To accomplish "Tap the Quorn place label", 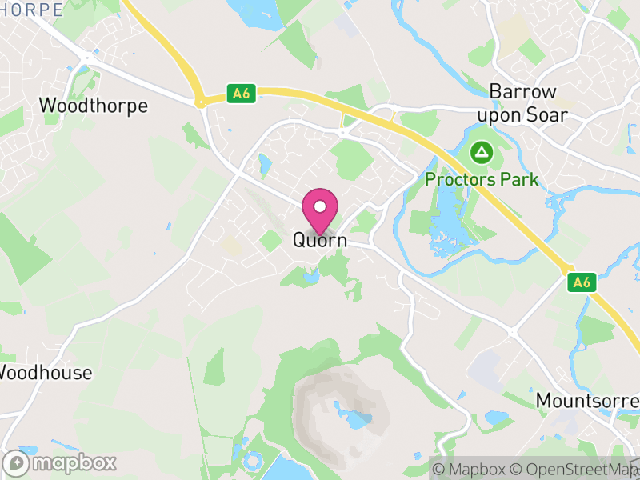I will click(x=320, y=240).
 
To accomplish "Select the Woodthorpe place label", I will click(x=94, y=106).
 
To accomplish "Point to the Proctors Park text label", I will click(x=482, y=179).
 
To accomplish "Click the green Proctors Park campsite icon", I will click(x=482, y=150).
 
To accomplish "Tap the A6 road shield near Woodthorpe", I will click(x=240, y=94).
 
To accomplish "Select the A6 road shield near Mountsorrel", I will click(x=582, y=282).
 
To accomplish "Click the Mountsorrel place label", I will click(x=587, y=399).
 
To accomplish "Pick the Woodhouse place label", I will click(x=46, y=373).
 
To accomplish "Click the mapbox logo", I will click(x=60, y=462).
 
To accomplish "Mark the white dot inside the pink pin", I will click(x=320, y=206).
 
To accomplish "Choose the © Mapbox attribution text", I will click(x=473, y=470).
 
